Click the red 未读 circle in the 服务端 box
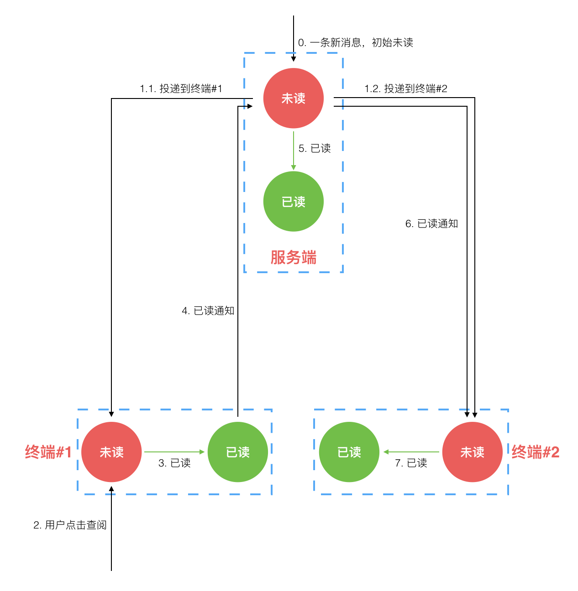[x=293, y=98]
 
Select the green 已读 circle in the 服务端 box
[x=293, y=202]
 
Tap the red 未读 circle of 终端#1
[x=111, y=452]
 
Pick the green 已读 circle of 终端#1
[x=238, y=452]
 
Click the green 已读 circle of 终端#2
[x=349, y=452]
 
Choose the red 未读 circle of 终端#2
[x=472, y=452]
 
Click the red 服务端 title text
[x=293, y=257]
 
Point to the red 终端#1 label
[x=48, y=452]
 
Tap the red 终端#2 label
[x=535, y=452]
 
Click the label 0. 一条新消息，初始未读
[x=355, y=42]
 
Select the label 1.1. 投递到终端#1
[x=181, y=88]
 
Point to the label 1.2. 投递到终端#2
[x=405, y=88]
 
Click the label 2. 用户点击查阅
[x=70, y=525]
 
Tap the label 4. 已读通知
[x=208, y=311]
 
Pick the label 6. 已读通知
[x=431, y=223]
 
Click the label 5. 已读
[x=314, y=148]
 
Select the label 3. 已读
[x=174, y=463]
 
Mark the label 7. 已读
[x=411, y=463]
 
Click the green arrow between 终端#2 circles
[x=411, y=452]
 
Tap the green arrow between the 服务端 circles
[x=294, y=150]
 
